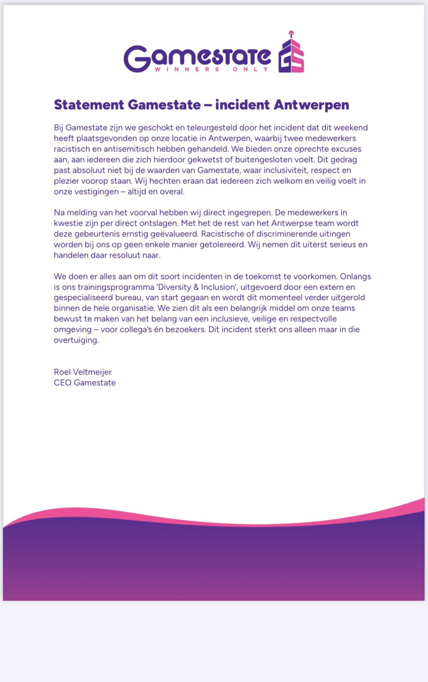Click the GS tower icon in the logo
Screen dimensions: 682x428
coord(291,53)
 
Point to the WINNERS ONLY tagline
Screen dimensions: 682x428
coord(211,69)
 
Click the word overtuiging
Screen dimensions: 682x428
coord(76,340)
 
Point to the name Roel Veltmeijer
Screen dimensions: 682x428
coord(83,372)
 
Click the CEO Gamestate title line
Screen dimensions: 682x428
coord(85,383)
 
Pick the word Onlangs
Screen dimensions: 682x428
coord(355,277)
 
